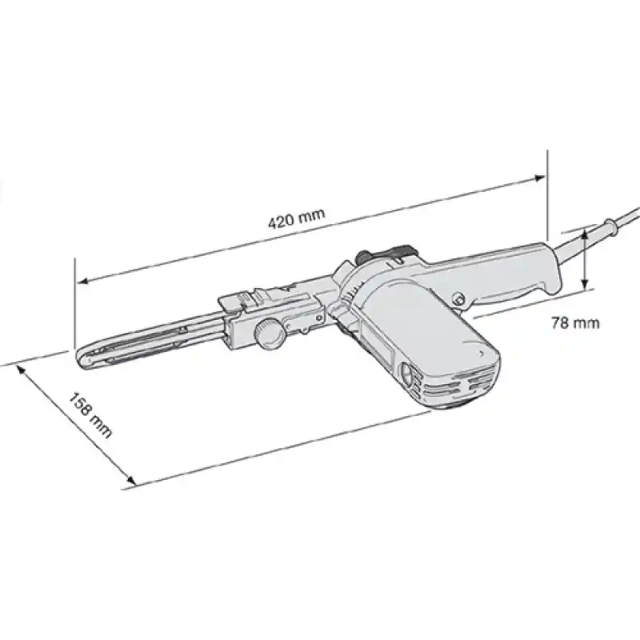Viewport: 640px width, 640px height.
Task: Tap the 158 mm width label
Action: coord(90,415)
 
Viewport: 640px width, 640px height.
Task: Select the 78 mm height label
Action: coord(575,323)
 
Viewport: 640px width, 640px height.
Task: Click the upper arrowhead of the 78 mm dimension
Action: coord(586,233)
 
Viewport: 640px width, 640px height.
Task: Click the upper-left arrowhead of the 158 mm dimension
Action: coord(19,368)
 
